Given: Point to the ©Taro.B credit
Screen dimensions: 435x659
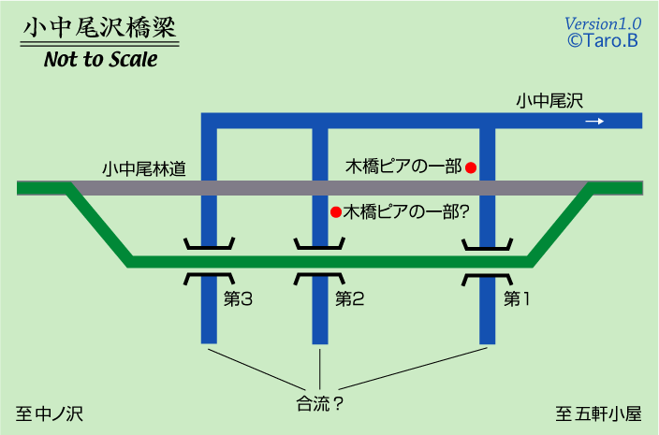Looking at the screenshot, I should tap(603, 40).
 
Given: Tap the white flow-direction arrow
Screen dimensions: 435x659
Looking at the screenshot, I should tap(594, 121).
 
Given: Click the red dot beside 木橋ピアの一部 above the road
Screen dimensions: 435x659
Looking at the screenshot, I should tap(472, 167).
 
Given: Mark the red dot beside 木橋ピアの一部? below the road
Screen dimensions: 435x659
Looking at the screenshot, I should tap(334, 211).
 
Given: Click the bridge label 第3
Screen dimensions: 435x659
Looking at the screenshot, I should tap(239, 299).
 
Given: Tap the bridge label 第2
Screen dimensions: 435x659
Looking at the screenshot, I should tap(349, 299).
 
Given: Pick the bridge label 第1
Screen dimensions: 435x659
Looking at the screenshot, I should tap(517, 299).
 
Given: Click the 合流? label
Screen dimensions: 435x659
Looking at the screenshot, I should tap(319, 404).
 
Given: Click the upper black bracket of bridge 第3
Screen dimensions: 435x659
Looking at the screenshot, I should tap(209, 246).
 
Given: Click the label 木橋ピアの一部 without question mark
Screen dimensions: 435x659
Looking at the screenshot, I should tap(403, 167).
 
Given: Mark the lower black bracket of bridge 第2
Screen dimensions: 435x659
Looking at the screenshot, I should tap(320, 278).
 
